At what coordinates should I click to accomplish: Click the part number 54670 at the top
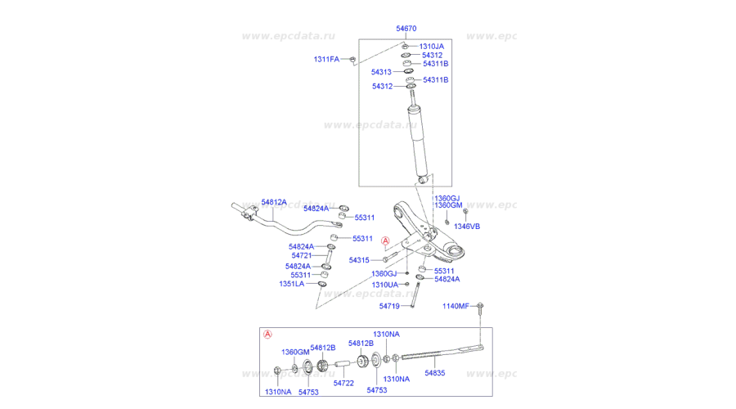pos(406,29)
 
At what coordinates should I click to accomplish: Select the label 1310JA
pos(431,47)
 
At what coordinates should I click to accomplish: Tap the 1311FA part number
pos(326,59)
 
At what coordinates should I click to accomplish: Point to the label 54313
pos(383,72)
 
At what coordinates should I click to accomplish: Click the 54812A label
pos(274,202)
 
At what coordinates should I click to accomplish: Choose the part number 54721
pos(302,256)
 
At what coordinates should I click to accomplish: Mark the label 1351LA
pos(291,284)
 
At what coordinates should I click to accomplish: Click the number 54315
pos(360,260)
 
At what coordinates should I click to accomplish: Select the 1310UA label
pos(384,285)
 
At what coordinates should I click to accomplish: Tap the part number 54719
pos(389,306)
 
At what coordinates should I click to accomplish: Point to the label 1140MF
pos(456,306)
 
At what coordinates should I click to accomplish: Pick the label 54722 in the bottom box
pos(343,383)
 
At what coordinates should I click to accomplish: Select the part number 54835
pos(436,372)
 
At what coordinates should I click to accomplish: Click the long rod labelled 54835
pos(442,353)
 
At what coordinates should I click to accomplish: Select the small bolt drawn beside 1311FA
pos(350,59)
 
